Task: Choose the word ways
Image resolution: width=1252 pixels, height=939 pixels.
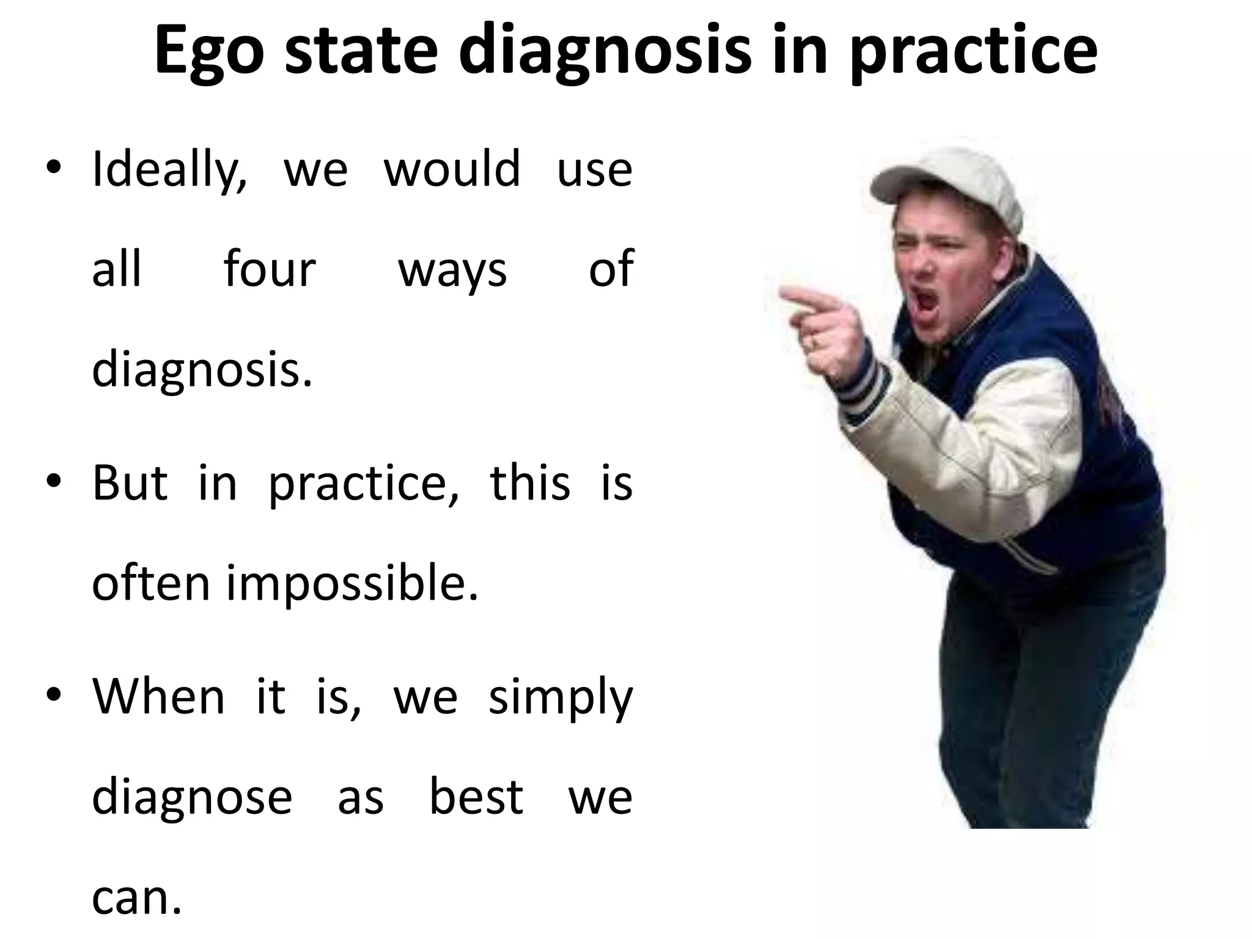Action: (452, 270)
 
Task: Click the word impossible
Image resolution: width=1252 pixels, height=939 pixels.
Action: (352, 583)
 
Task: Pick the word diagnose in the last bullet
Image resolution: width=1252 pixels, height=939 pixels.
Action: (192, 797)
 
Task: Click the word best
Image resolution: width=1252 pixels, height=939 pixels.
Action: (476, 797)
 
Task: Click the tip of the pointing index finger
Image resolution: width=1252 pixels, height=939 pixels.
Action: (785, 295)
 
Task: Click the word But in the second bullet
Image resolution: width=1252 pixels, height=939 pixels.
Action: (130, 483)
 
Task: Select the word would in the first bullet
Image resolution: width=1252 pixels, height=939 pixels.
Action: (452, 169)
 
